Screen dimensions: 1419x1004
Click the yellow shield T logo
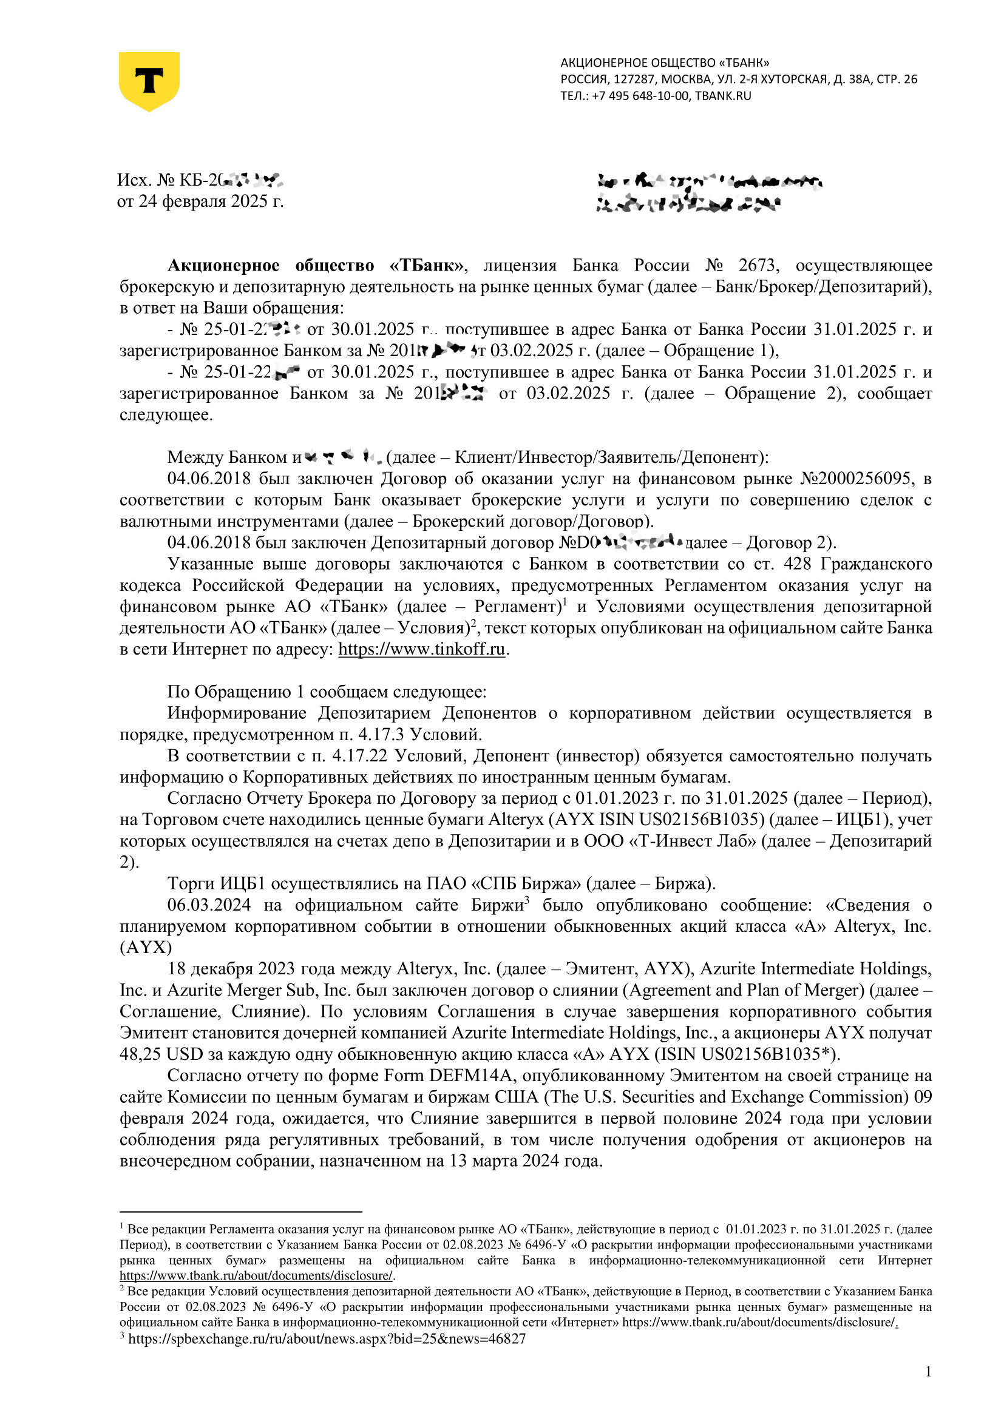[149, 81]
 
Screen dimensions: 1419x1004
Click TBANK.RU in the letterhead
[723, 96]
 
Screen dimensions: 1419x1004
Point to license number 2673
[759, 266]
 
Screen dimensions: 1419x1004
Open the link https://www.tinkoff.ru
[422, 649]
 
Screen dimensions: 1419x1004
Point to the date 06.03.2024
[209, 905]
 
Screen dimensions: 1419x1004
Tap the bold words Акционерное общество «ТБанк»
[316, 266]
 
